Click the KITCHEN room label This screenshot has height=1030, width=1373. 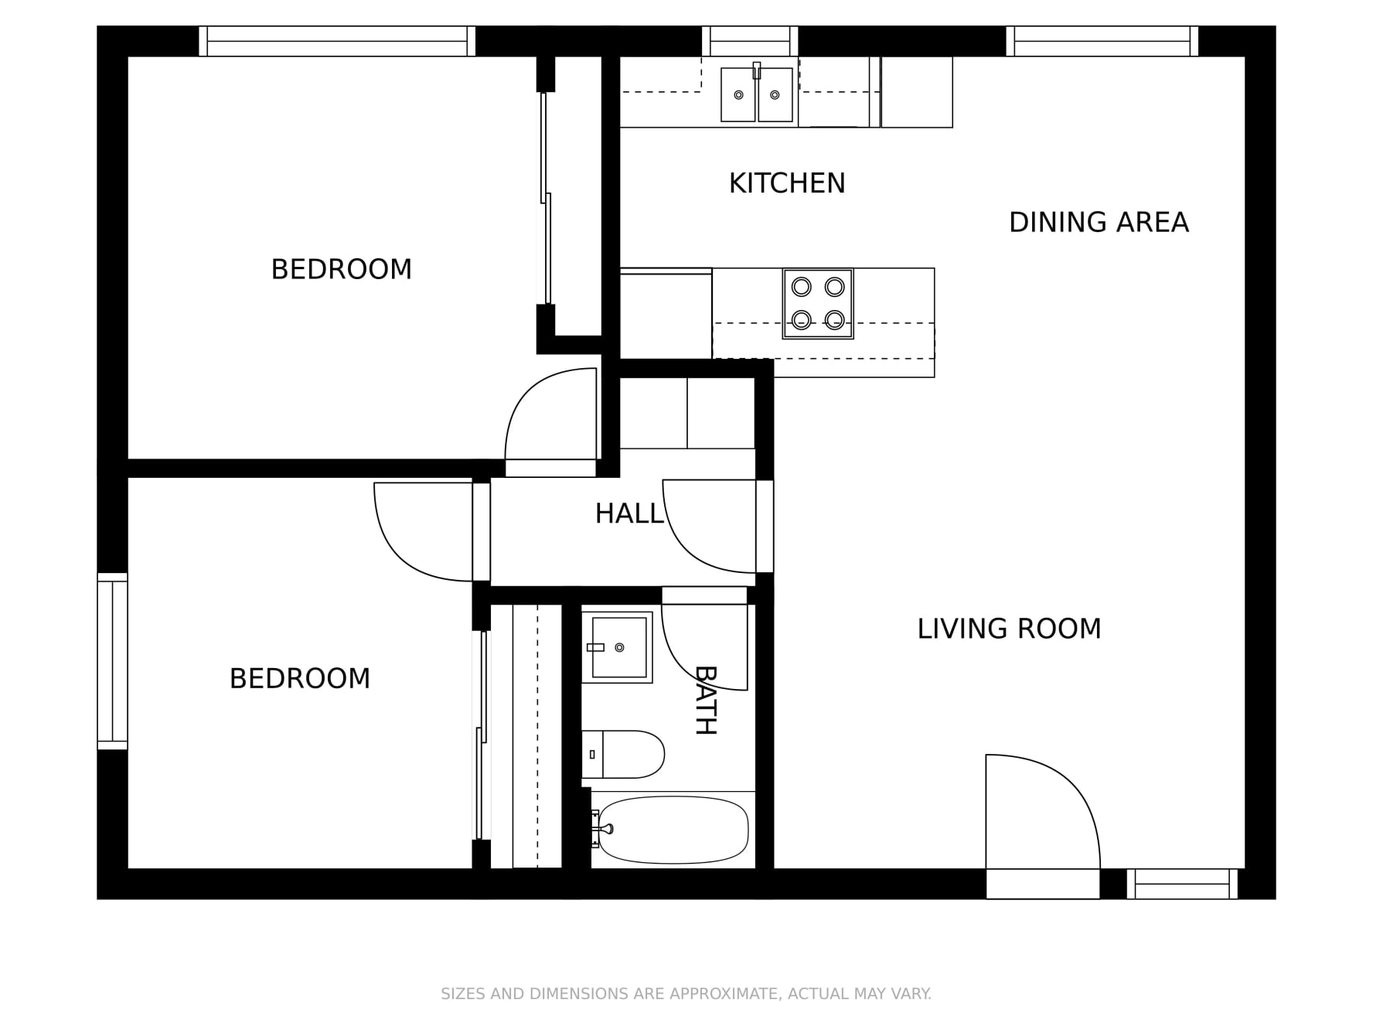[786, 183]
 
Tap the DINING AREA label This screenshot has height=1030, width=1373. [1098, 223]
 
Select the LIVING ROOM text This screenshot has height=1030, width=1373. [1008, 629]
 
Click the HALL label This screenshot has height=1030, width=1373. [629, 513]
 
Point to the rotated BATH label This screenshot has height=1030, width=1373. [705, 700]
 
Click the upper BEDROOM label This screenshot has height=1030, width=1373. [341, 269]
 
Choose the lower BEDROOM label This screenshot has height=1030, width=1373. [299, 678]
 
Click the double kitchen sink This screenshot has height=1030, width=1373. [756, 94]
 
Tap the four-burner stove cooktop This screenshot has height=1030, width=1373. [817, 303]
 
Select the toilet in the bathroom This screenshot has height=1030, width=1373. [623, 754]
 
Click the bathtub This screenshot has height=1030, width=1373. [673, 830]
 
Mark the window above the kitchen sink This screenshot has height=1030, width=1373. [749, 41]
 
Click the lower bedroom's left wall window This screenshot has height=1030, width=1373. [112, 661]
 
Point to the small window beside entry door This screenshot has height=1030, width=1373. [1181, 884]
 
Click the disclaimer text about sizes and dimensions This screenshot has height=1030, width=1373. [686, 994]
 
